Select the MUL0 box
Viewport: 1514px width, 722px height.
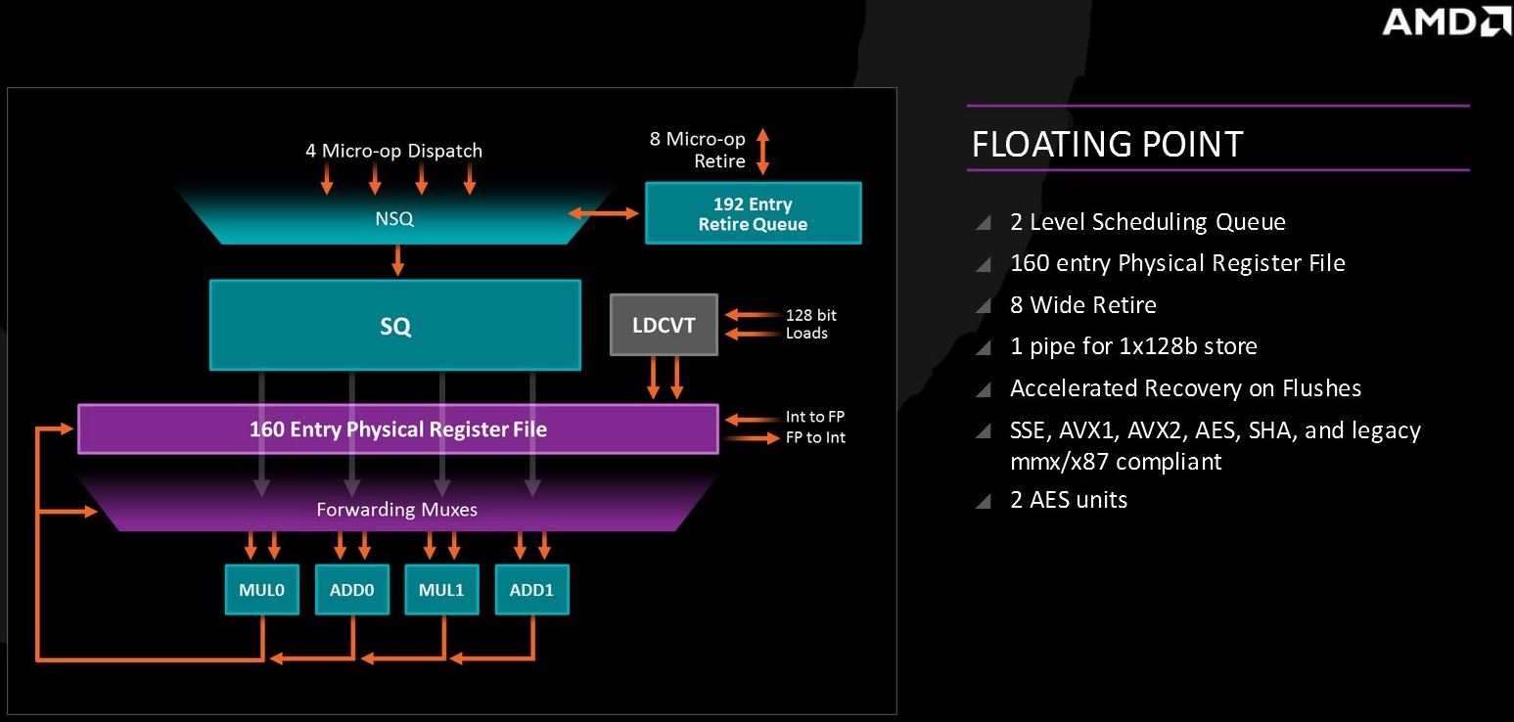[262, 590]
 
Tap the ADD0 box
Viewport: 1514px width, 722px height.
[352, 590]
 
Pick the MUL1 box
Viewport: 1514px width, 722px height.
[442, 590]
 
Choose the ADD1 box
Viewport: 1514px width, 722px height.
[532, 590]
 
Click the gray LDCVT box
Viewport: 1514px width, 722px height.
[664, 325]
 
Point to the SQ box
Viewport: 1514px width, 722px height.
[395, 325]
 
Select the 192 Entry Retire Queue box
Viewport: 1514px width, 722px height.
[754, 212]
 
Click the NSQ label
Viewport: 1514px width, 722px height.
[394, 218]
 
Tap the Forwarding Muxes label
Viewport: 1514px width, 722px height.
[396, 510]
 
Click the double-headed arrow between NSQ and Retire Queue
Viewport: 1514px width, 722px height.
[603, 213]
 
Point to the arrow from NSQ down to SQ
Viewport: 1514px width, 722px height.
[398, 260]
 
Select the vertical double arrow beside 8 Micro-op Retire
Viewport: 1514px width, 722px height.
[763, 152]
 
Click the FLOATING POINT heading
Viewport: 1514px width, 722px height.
[1107, 144]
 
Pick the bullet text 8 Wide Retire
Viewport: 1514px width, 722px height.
[1083, 305]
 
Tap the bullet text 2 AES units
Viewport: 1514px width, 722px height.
[1069, 500]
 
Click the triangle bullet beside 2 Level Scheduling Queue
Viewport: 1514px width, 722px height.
[984, 222]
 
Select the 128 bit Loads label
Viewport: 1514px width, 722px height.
[811, 324]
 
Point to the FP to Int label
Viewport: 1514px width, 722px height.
[815, 437]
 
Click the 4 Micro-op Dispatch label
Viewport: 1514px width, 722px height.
[394, 151]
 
